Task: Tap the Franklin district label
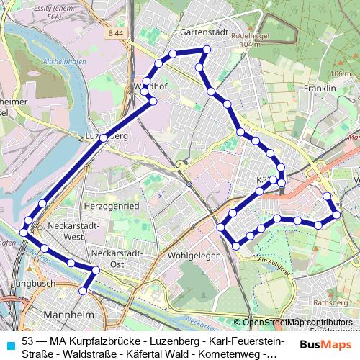pyautogui.click(x=321, y=89)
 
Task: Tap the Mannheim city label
pyautogui.click(x=70, y=315)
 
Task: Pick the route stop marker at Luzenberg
pyautogui.click(x=104, y=137)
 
